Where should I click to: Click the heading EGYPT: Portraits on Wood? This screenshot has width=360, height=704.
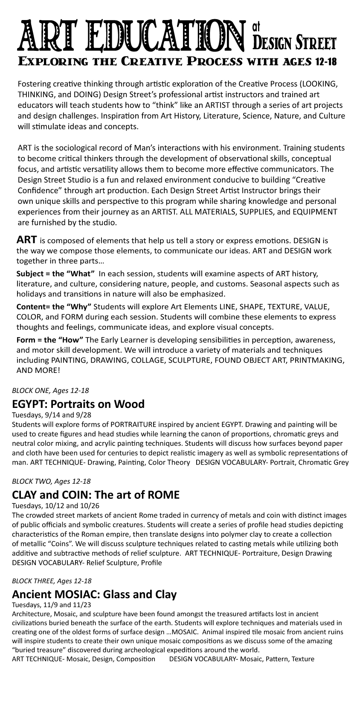tap(78, 404)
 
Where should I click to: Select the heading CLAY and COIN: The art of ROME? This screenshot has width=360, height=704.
tap(96, 495)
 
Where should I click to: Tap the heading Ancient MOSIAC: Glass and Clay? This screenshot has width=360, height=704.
tap(94, 594)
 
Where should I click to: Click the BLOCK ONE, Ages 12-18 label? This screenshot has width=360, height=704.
tap(50, 390)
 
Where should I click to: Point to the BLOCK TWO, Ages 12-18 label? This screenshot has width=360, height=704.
tap(51, 481)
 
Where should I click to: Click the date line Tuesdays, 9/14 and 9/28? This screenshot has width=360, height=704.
tap(52, 415)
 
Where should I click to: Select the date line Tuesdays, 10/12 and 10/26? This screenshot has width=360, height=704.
tap(55, 506)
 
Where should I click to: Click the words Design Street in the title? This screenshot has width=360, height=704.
tap(294, 43)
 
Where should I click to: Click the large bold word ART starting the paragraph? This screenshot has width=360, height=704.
tap(26, 239)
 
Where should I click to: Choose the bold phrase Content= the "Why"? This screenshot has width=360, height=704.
tap(55, 306)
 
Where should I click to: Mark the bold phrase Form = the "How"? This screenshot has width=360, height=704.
tap(49, 340)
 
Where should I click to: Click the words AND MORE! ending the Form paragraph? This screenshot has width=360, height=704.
tap(38, 370)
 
